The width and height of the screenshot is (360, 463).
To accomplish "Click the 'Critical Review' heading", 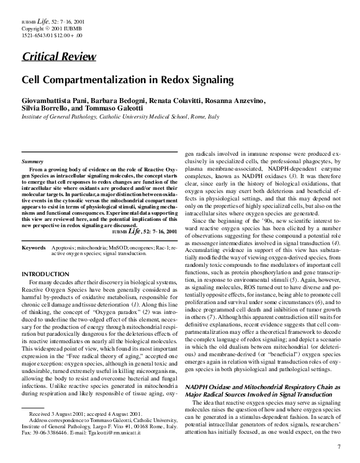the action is click(59, 58).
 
